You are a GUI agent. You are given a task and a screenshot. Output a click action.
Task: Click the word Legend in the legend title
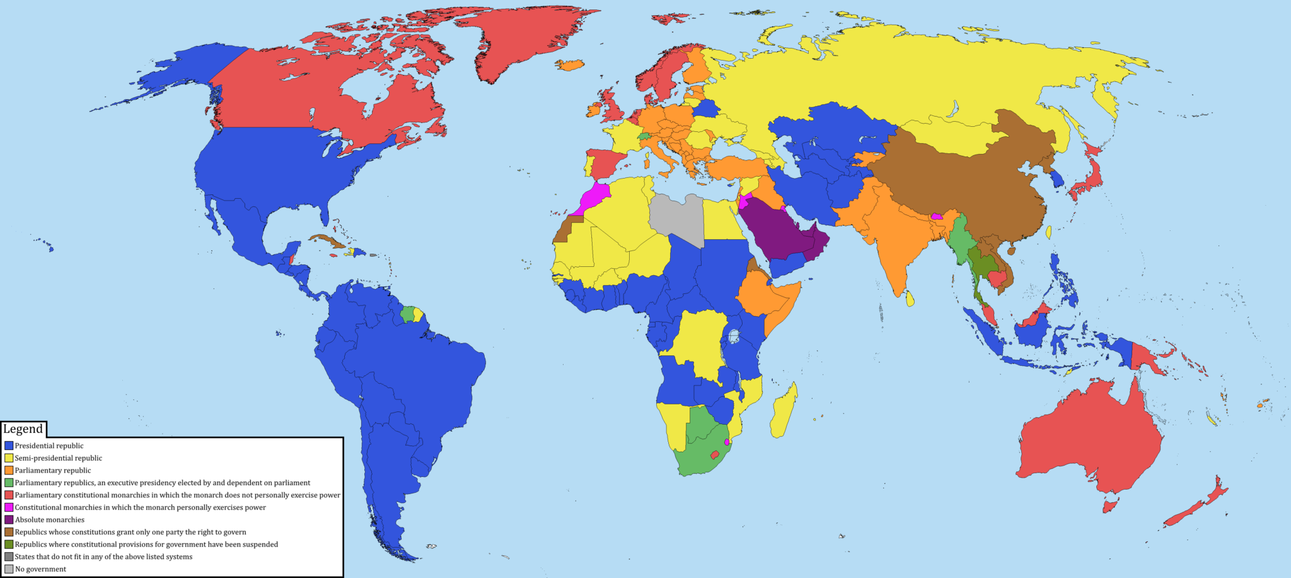tap(23, 429)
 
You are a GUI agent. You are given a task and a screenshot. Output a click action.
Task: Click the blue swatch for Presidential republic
tap(9, 445)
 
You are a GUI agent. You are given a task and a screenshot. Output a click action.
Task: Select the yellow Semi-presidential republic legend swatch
tap(9, 458)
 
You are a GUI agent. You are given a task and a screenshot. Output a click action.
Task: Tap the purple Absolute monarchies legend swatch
tap(9, 520)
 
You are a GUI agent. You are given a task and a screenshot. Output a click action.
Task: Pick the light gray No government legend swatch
tap(9, 569)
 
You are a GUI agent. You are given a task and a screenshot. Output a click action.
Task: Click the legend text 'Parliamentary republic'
tap(53, 471)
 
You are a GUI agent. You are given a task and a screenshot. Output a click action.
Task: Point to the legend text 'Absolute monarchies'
tap(50, 520)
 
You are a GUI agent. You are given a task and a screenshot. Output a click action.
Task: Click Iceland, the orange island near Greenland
tap(570, 64)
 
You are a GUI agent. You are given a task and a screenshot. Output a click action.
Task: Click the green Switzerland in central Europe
tap(644, 136)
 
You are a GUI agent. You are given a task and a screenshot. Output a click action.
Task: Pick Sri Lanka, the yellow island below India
tap(910, 298)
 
